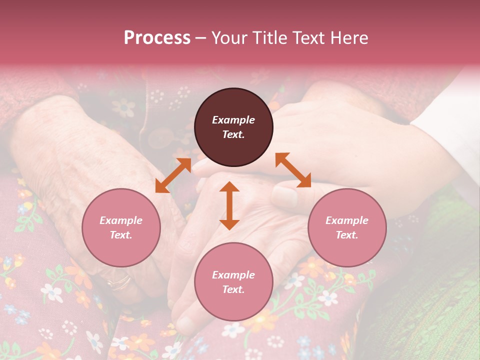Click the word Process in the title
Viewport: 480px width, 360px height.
[157, 38]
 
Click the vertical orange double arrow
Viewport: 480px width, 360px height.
[229, 205]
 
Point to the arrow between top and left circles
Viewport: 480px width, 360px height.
[173, 175]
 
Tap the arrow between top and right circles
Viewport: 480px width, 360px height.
[293, 170]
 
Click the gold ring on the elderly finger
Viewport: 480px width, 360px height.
[119, 282]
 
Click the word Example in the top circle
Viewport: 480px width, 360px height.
[233, 120]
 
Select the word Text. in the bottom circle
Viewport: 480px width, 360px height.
[233, 289]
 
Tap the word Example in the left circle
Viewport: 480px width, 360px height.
[121, 220]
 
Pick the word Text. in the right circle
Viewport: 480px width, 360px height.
[347, 235]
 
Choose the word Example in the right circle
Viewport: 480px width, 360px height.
[347, 220]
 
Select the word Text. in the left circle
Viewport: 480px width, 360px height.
[121, 235]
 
